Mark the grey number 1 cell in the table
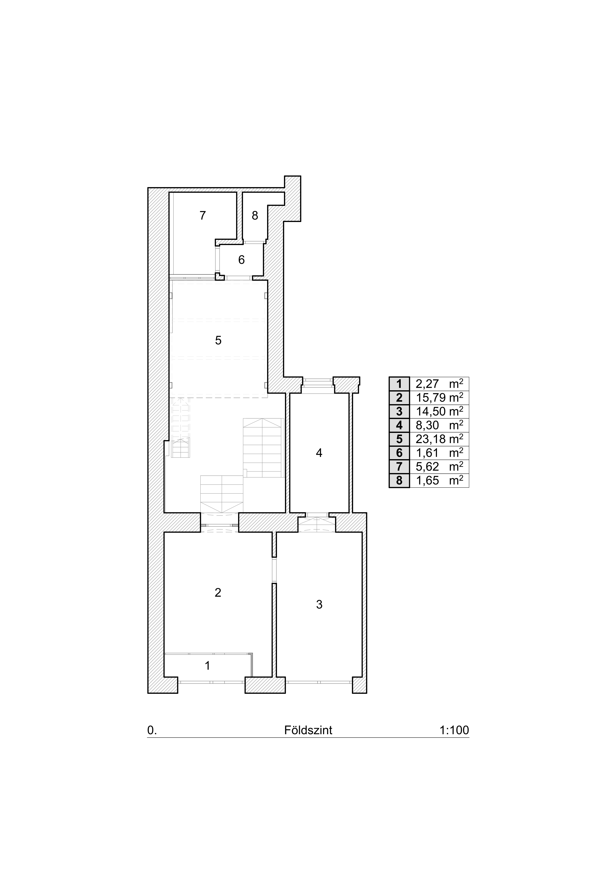(x=400, y=384)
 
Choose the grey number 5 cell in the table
(x=400, y=439)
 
